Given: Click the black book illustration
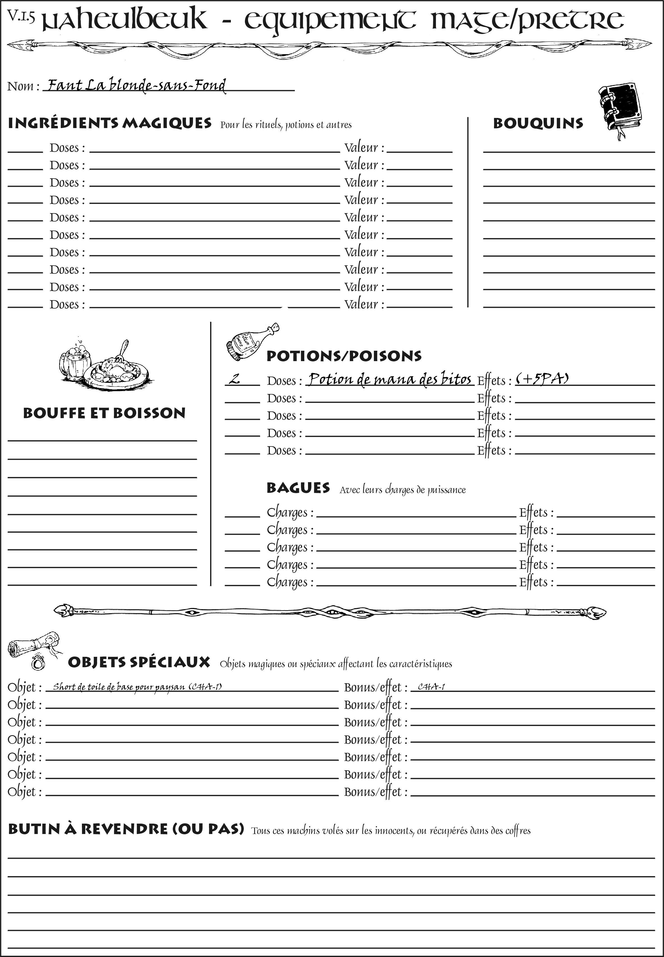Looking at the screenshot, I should tap(620, 109).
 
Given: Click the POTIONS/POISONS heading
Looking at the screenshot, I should tap(344, 356).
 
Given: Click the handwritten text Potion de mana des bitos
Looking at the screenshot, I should tap(390, 379).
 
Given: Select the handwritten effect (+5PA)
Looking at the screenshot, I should tap(542, 378).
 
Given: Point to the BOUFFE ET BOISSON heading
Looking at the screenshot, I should tap(104, 413).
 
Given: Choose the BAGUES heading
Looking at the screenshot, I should tap(298, 488).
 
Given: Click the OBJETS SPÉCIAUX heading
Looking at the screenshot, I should tap(139, 662).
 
